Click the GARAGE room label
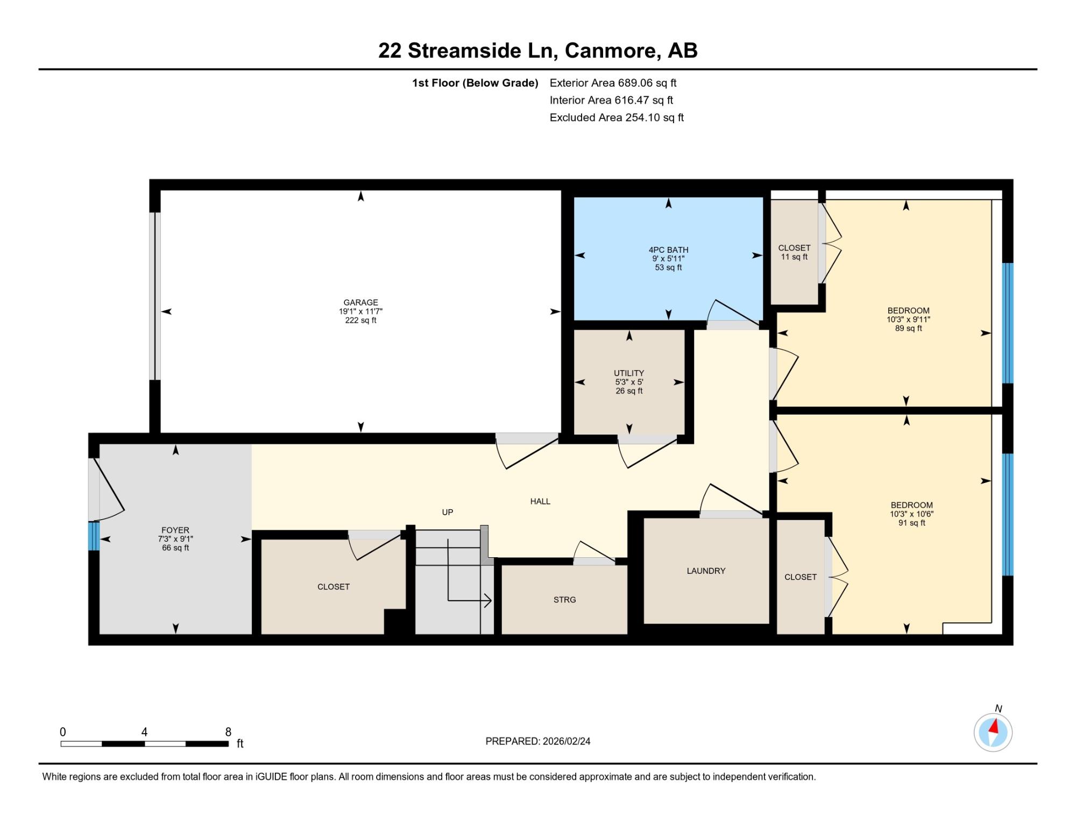tap(360, 302)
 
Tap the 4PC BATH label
tap(668, 250)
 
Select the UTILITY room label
tap(629, 373)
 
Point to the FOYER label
tap(175, 530)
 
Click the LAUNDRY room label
tap(706, 571)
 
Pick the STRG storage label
tap(564, 599)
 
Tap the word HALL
tap(540, 501)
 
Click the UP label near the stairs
tap(448, 512)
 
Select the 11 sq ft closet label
tap(794, 257)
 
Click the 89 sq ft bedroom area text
tap(908, 328)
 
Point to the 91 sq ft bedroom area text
tap(911, 522)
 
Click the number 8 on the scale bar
tap(228, 732)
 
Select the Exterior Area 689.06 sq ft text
tap(613, 83)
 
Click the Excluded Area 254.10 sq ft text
tap(617, 117)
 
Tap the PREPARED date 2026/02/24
tap(567, 741)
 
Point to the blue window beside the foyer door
tap(94, 536)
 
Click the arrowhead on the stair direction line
tap(487, 600)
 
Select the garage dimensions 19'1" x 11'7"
tap(360, 311)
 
